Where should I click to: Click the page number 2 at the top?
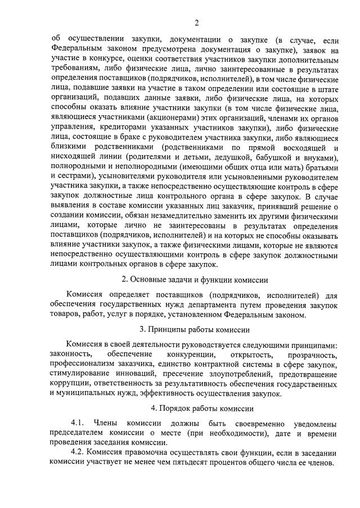[x=196, y=23]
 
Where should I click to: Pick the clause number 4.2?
[x=78, y=453]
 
